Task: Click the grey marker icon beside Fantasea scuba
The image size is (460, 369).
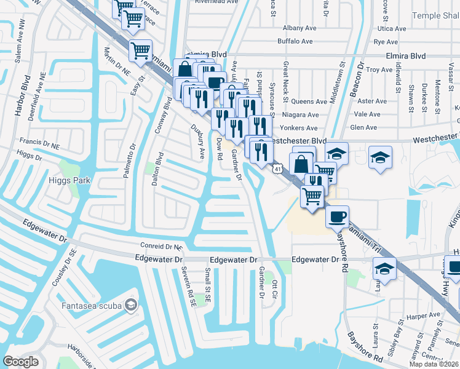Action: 130,304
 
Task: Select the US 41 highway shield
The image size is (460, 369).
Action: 279,168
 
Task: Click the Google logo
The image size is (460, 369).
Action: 21,362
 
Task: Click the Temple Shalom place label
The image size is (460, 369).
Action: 435,15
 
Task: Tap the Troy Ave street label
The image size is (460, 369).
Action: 379,70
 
